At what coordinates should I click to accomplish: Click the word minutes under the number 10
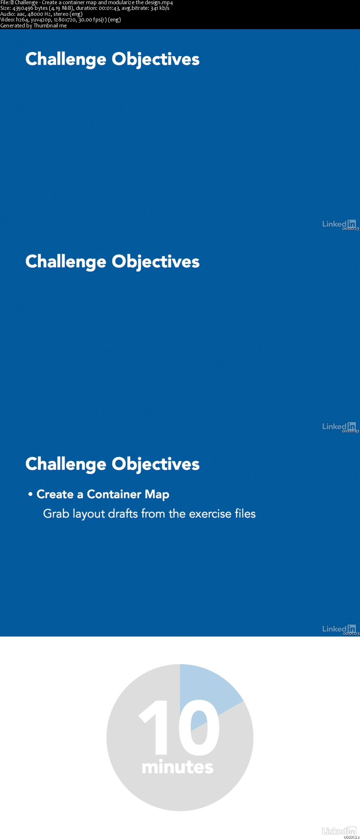click(x=178, y=767)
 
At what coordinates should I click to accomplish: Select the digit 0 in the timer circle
click(x=199, y=727)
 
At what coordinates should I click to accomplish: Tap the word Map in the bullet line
click(x=157, y=495)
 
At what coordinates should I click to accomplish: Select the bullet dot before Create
click(x=31, y=494)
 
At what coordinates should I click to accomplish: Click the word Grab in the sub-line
click(x=56, y=514)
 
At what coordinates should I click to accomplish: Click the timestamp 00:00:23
click(x=351, y=229)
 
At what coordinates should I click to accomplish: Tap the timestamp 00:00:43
click(x=351, y=431)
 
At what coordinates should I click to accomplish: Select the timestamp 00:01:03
click(x=351, y=634)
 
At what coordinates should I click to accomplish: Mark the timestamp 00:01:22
click(x=352, y=837)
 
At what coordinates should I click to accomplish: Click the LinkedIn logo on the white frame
click(x=339, y=831)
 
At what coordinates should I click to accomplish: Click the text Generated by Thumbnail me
click(x=33, y=26)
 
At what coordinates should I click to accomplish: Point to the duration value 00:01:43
click(x=109, y=8)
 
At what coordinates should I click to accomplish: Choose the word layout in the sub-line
click(x=89, y=514)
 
